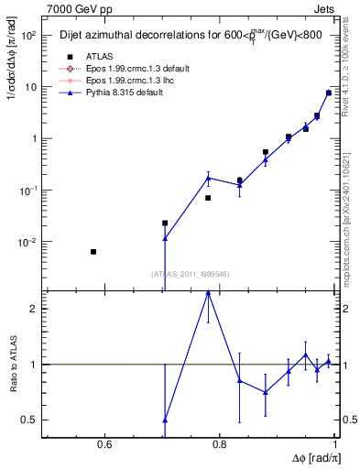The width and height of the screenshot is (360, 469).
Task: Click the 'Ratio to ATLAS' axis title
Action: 14,365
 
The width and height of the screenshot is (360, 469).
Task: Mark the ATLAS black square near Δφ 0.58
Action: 93,251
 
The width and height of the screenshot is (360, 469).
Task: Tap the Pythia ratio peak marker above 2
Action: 208,293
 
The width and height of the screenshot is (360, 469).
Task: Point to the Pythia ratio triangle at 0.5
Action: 165,420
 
